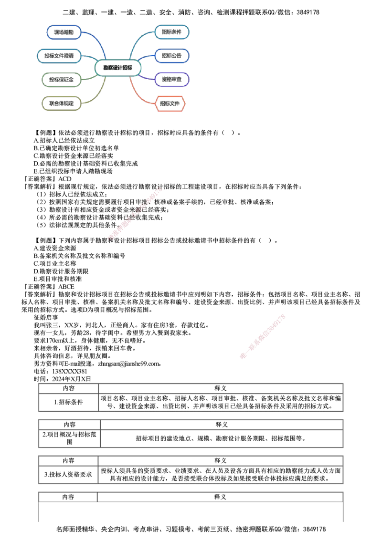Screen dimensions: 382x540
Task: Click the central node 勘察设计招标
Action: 118,68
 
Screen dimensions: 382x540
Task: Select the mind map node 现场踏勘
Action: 64,32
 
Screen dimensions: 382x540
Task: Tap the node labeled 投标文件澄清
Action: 59,56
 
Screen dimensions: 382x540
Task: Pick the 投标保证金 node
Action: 62,80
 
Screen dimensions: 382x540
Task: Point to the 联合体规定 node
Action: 62,104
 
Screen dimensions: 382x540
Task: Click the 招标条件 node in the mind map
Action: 172,32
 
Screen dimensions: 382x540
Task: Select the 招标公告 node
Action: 172,55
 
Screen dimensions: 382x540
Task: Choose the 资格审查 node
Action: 172,79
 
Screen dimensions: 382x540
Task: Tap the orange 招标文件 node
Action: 170,104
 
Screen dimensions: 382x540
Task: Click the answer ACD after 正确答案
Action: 65,179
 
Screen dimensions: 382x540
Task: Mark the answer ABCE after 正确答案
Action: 66,287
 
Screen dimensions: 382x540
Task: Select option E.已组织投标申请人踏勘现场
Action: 73,171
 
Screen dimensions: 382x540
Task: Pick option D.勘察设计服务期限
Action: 61,271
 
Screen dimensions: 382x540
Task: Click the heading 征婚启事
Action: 46,318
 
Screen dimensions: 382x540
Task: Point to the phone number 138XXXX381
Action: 70,372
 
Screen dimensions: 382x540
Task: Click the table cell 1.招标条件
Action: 69,402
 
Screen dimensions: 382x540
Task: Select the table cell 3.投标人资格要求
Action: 68,475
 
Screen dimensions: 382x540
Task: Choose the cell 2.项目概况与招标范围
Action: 69,438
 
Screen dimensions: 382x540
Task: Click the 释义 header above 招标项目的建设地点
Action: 222,425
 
